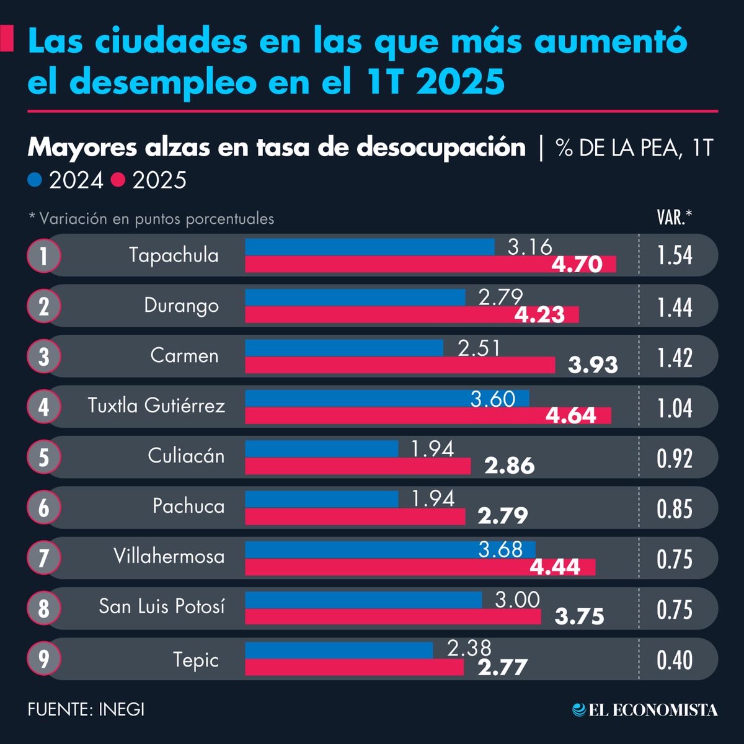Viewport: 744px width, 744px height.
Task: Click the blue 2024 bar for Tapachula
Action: tap(370, 247)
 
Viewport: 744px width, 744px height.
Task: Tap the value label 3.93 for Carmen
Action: tap(593, 365)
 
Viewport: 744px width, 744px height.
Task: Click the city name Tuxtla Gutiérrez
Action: tap(156, 405)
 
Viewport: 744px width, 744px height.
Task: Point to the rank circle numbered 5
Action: tap(43, 457)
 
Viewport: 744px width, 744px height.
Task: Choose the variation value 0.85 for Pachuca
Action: tap(675, 509)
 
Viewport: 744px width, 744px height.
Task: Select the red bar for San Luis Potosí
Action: tap(392, 616)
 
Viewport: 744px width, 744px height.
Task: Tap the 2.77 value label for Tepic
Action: tap(502, 667)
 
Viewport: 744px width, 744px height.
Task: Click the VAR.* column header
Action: tap(674, 218)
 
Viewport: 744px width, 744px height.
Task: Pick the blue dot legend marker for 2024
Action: tap(35, 180)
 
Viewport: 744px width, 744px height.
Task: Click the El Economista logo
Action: tap(645, 710)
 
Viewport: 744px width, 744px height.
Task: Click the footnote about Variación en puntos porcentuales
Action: tap(151, 219)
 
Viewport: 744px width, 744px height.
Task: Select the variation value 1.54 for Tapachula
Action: tap(675, 255)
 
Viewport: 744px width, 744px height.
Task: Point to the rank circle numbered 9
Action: tap(43, 658)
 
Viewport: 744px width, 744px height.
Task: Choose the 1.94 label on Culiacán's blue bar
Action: tap(433, 448)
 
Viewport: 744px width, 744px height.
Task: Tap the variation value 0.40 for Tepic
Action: tap(675, 660)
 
